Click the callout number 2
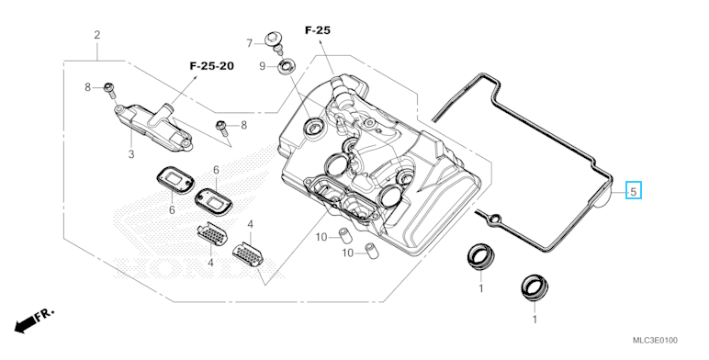tap(96, 35)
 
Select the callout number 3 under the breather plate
tap(131, 154)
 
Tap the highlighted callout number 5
tap(634, 191)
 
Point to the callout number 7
tap(250, 43)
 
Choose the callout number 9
tap(263, 66)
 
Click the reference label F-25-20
tap(211, 66)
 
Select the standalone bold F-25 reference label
tap(318, 30)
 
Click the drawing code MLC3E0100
tap(655, 341)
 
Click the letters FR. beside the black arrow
tap(45, 314)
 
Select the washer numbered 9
tap(286, 67)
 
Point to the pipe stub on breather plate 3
tap(166, 111)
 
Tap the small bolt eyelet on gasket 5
tap(495, 218)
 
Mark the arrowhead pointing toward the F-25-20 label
tap(196, 79)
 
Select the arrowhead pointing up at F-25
tap(321, 41)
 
